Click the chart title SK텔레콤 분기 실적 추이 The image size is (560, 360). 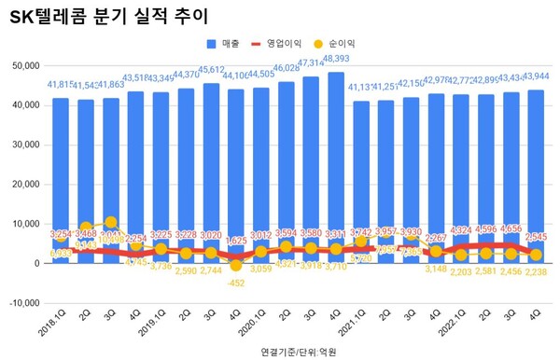[109, 17]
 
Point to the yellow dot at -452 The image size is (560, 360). [236, 266]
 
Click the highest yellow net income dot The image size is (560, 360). [111, 223]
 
